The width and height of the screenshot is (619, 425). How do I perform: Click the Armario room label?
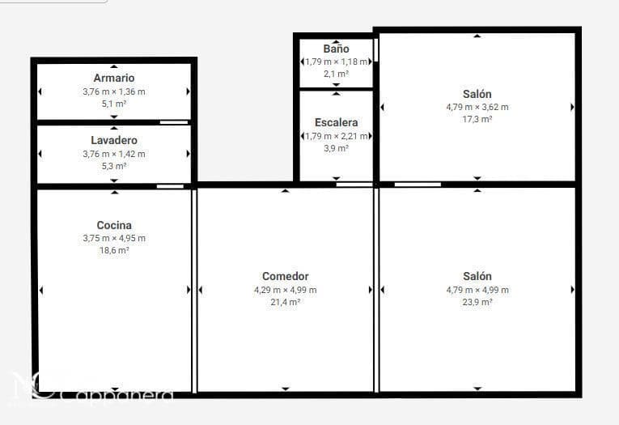[x=114, y=78]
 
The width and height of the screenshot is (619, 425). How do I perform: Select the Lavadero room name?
[x=114, y=140]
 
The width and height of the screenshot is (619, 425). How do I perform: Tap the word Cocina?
[x=114, y=225]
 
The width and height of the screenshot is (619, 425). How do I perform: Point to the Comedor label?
[x=286, y=276]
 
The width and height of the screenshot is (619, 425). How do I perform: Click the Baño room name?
[x=336, y=49]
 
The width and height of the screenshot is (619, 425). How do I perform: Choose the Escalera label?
[x=336, y=122]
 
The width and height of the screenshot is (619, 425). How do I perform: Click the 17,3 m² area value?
[x=477, y=119]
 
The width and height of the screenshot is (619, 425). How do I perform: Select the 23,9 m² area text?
[x=477, y=302]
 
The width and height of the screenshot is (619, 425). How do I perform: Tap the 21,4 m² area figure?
[x=286, y=302]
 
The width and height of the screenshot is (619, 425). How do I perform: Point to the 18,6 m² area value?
[x=114, y=251]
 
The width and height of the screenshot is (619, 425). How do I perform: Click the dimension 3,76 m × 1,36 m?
[x=114, y=91]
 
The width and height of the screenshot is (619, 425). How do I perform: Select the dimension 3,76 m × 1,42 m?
[x=114, y=154]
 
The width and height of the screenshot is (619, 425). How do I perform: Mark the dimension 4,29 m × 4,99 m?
[x=286, y=290]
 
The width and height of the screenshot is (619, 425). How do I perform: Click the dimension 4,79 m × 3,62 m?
[x=477, y=107]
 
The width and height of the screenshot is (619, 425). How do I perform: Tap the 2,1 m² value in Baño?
[x=336, y=74]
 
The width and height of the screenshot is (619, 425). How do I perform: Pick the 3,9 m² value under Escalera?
[x=336, y=148]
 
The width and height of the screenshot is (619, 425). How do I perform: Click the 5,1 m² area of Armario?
[x=114, y=104]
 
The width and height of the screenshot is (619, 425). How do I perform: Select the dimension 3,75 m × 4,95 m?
[x=114, y=238]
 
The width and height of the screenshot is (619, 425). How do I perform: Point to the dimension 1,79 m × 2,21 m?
[x=336, y=136]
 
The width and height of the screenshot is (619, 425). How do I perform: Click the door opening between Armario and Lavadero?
[x=174, y=122]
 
